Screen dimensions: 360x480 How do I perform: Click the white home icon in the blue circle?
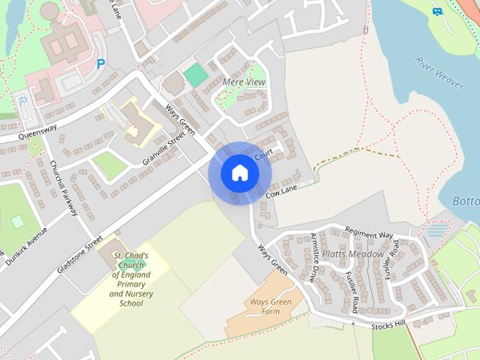coord(239,173)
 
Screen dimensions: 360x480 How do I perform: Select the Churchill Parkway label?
coord(64,187)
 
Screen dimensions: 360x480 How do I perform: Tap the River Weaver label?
coord(439,72)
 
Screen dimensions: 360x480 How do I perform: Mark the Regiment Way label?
coord(369,235)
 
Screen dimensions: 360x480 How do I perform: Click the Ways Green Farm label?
coord(265,307)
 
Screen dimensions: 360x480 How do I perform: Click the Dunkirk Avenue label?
coord(26,247)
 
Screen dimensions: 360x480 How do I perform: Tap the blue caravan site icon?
coord(438,11)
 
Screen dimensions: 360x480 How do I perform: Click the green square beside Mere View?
coord(196,74)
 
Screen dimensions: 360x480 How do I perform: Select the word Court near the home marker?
coord(262,155)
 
